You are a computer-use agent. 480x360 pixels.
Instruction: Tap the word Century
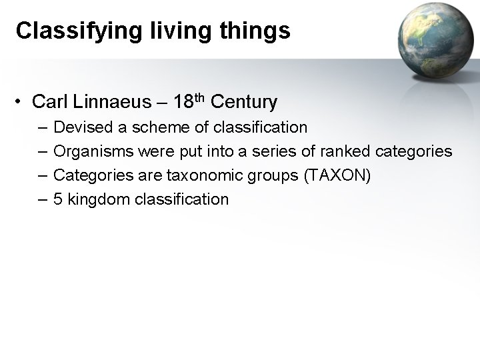(243, 103)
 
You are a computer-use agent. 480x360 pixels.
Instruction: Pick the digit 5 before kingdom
(58, 199)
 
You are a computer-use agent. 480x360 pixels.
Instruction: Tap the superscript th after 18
(199, 97)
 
